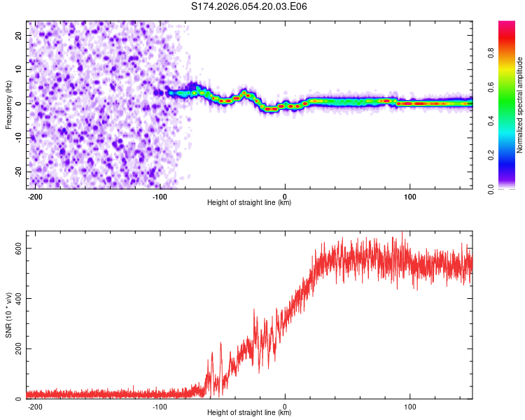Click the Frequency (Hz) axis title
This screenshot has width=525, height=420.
point(8,104)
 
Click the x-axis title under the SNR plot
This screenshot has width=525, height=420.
point(249,413)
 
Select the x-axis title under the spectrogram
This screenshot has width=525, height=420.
point(249,203)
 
